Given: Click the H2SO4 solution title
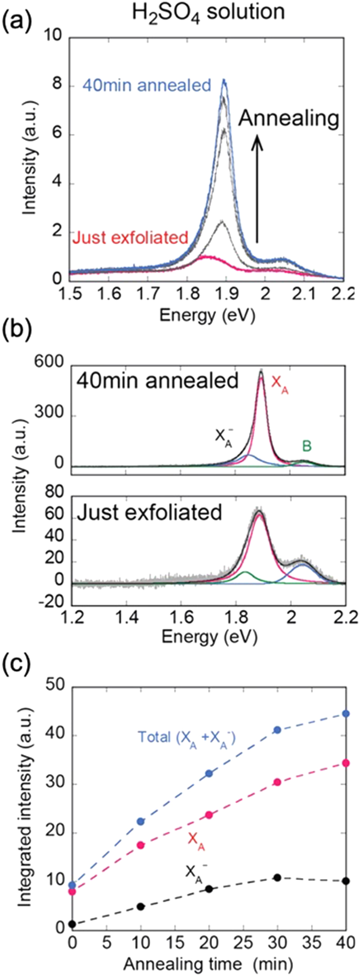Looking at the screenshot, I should pyautogui.click(x=207, y=13).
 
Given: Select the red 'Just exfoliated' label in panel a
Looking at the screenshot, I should pyautogui.click(x=130, y=237).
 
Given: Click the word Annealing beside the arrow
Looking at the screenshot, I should pyautogui.click(x=288, y=119).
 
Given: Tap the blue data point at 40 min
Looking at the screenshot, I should pyautogui.click(x=346, y=714).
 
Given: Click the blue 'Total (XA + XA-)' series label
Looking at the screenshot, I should pyautogui.click(x=187, y=737).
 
